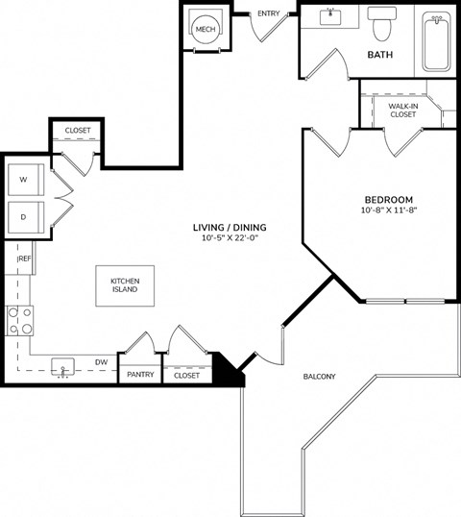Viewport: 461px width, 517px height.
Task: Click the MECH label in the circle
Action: click(x=206, y=30)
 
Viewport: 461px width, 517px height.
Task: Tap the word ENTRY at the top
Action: click(x=269, y=13)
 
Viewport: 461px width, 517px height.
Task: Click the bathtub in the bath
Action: click(x=437, y=41)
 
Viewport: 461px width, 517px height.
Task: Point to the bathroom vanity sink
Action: click(x=330, y=16)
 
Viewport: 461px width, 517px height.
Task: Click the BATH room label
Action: click(x=380, y=55)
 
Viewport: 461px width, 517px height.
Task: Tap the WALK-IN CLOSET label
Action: click(x=403, y=111)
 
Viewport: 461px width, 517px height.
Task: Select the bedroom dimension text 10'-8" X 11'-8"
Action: click(x=389, y=210)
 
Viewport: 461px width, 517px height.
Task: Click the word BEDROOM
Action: click(x=389, y=200)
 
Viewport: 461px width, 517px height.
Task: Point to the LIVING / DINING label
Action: click(x=230, y=227)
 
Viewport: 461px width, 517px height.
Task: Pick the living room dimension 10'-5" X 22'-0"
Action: click(x=230, y=237)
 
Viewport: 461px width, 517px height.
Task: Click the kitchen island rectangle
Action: click(x=125, y=285)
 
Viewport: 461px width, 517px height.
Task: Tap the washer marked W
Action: click(x=26, y=180)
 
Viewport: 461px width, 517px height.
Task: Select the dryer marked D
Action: click(x=26, y=217)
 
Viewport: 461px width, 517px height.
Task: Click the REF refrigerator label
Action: click(x=25, y=258)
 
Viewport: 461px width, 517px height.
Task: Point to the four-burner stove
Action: click(x=20, y=321)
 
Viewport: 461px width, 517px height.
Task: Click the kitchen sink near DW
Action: click(x=63, y=367)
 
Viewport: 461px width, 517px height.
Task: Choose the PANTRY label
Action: click(x=140, y=375)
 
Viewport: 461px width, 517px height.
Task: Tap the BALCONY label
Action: click(x=319, y=376)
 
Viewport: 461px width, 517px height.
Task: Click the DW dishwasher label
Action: click(x=102, y=362)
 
